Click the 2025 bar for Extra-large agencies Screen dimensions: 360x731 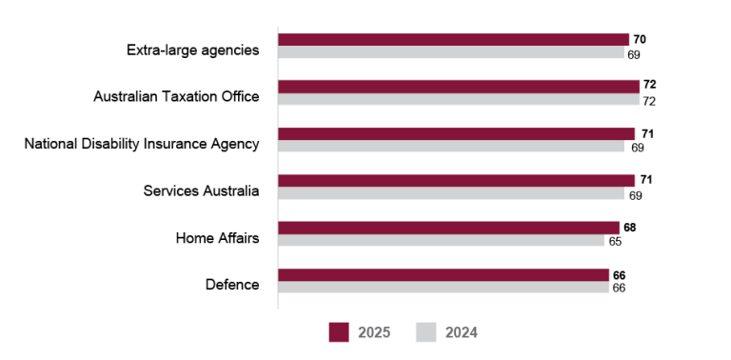pos(453,40)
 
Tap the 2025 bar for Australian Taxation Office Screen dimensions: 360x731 pos(459,87)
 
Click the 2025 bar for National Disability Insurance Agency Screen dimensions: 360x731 pos(456,133)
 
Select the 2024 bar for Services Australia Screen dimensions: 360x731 pos(451,194)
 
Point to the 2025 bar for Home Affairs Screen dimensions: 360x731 pos(448,228)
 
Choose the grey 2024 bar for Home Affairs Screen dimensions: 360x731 pos(441,241)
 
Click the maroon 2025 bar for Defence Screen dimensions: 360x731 pos(444,274)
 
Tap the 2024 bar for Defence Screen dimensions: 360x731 pos(444,288)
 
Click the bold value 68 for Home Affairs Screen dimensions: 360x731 pos(629,228)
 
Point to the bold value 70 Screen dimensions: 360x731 pos(640,40)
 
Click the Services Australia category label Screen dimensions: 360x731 pos(201,190)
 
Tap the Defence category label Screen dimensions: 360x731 pos(232,284)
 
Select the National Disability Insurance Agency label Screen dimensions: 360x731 pos(142,144)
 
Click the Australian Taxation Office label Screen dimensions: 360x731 pos(176,97)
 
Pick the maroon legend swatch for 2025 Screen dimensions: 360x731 pos(340,332)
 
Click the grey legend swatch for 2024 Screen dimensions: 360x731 pos(426,332)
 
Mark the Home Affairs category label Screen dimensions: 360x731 pos(217,237)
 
